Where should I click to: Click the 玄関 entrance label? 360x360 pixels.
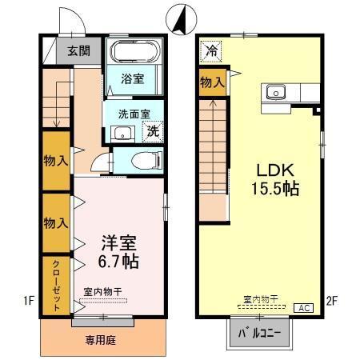[78, 50]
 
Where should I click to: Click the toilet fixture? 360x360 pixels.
[141, 159]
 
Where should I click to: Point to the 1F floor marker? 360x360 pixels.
[29, 301]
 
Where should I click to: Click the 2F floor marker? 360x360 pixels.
[333, 302]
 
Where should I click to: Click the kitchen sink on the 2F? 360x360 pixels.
[276, 91]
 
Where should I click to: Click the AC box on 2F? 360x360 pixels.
[304, 307]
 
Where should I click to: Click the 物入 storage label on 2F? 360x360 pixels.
[212, 82]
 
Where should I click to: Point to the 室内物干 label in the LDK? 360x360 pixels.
[261, 299]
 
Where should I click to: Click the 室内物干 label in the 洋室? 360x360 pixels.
[102, 291]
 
